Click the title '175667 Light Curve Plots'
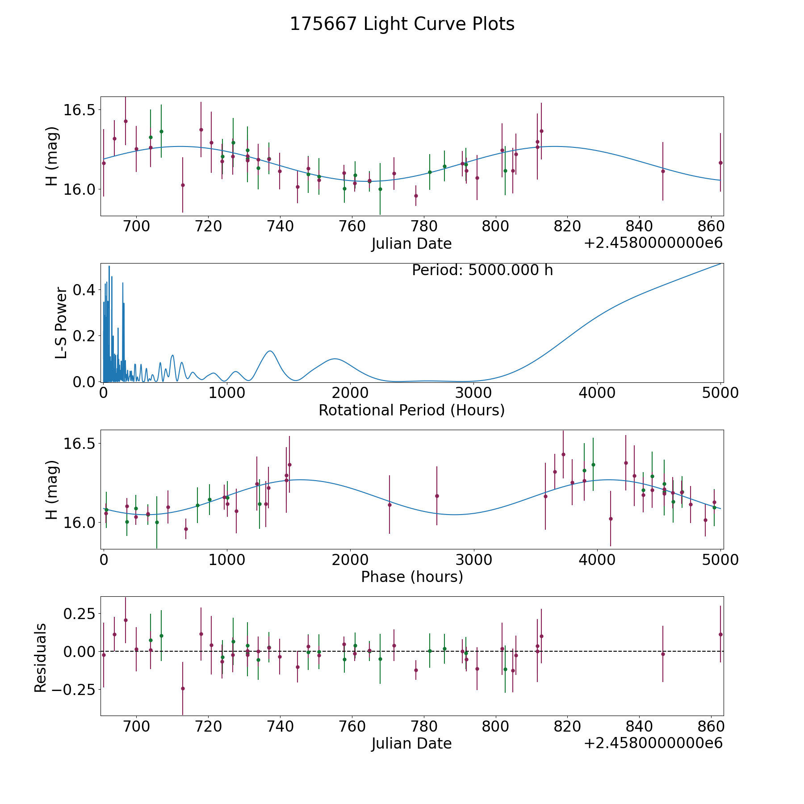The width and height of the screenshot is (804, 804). [402, 24]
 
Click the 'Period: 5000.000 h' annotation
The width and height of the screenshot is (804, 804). [482, 270]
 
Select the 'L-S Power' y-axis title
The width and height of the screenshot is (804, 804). [62, 322]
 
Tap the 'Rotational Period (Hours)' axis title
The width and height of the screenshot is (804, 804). [411, 410]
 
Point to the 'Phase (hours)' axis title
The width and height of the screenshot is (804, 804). [411, 577]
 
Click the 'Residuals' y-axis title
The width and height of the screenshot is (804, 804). [41, 657]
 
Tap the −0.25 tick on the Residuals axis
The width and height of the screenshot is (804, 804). [76, 689]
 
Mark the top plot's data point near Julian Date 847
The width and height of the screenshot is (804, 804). [663, 171]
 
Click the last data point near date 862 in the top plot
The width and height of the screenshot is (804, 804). [720, 163]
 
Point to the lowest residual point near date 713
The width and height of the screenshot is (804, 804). [183, 688]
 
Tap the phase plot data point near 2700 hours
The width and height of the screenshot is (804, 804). [437, 496]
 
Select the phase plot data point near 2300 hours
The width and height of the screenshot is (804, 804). [389, 505]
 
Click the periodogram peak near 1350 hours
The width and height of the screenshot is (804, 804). [270, 351]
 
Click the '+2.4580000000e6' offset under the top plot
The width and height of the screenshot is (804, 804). [653, 243]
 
